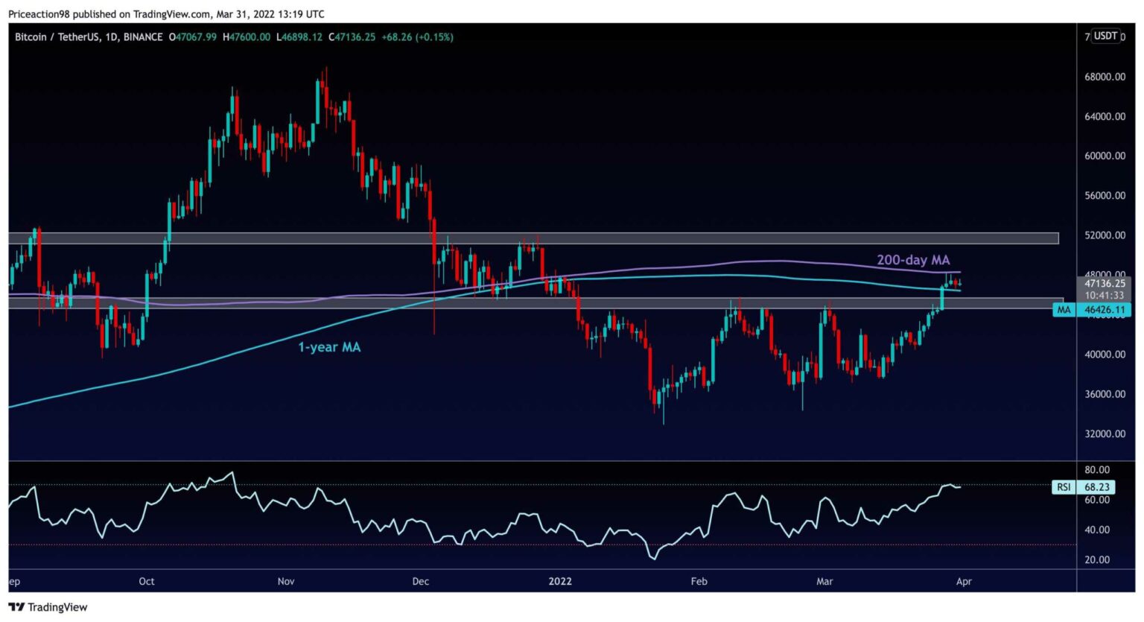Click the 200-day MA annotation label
(912, 260)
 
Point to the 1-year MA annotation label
(329, 347)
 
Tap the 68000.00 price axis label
(1105, 77)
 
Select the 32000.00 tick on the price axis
(1105, 434)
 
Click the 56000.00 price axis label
(1105, 196)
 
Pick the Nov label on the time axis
(286, 581)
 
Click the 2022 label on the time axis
(560, 581)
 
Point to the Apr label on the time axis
(964, 581)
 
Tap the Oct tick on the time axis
(147, 581)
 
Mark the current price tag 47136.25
(1105, 284)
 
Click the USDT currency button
(1105, 36)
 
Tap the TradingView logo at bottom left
(48, 607)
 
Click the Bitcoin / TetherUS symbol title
(57, 37)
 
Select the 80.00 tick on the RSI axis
(1097, 470)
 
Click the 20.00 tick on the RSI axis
(1097, 559)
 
